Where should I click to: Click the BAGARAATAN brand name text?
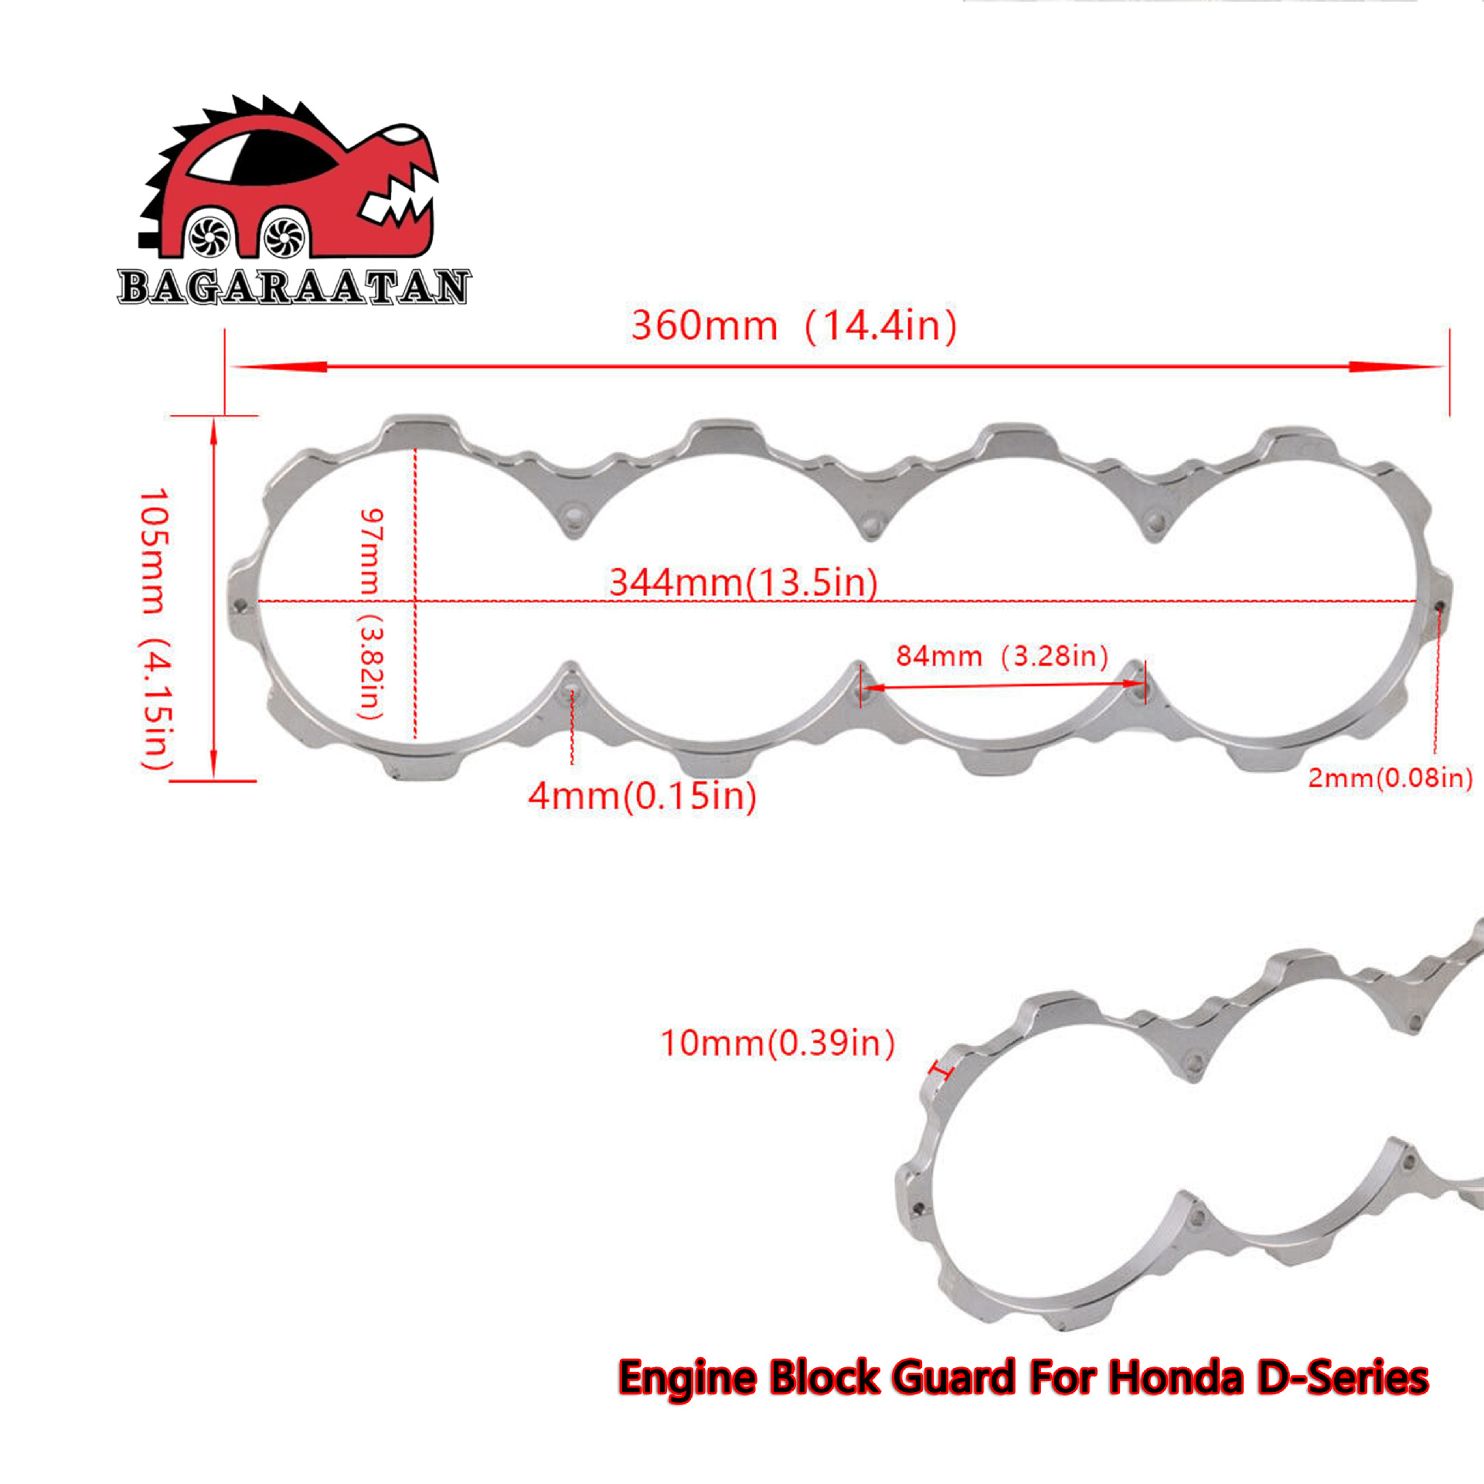pos(294,287)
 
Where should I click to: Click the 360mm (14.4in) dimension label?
pos(794,325)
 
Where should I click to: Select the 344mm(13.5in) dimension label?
pos(743,582)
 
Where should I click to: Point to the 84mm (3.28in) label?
pos(1002,656)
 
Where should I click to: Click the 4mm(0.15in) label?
pos(642,796)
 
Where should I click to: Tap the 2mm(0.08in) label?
pos(1390,778)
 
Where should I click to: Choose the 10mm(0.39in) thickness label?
pos(778,1043)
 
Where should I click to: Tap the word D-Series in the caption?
pos(1343,1378)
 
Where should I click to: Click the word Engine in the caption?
pos(688,1380)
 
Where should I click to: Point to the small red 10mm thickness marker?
pos(942,1071)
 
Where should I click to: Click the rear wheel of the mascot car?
pos(209,237)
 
